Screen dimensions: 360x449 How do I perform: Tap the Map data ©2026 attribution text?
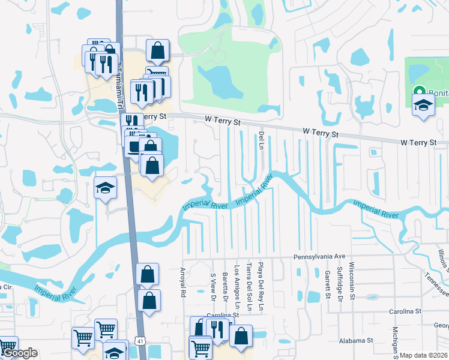click(423, 355)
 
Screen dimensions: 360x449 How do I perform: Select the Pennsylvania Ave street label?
click(320, 256)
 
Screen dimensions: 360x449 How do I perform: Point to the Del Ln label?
click(261, 142)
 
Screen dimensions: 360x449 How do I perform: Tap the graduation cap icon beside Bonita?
click(423, 106)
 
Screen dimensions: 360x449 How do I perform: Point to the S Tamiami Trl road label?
click(120, 78)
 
